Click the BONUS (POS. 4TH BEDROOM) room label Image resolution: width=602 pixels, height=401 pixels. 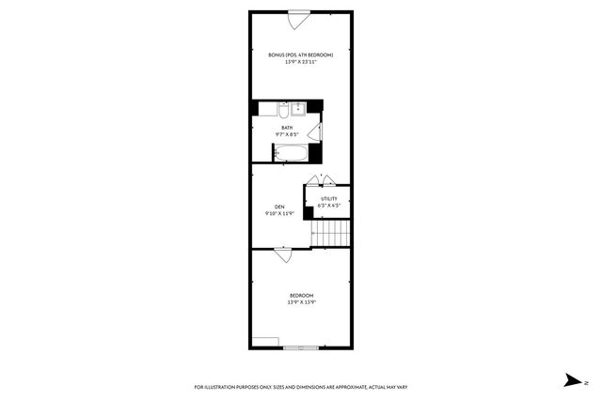click(300, 54)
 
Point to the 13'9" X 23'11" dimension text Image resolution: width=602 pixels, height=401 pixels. click(300, 62)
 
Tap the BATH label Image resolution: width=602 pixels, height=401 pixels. click(286, 127)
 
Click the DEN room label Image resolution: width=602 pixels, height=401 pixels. click(279, 207)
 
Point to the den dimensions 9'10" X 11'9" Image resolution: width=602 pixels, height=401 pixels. click(279, 214)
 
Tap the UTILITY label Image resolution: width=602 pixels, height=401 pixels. click(328, 198)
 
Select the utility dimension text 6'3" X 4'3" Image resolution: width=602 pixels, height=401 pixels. click(328, 206)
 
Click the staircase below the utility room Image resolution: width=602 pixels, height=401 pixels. click(330, 231)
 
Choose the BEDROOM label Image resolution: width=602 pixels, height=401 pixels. click(301, 296)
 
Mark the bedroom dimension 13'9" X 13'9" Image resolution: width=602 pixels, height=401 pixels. click(301, 303)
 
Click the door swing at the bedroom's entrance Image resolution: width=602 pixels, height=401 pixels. click(283, 254)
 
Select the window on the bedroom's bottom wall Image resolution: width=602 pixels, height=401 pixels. click(301, 348)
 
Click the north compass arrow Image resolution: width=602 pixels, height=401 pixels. click(572, 381)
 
